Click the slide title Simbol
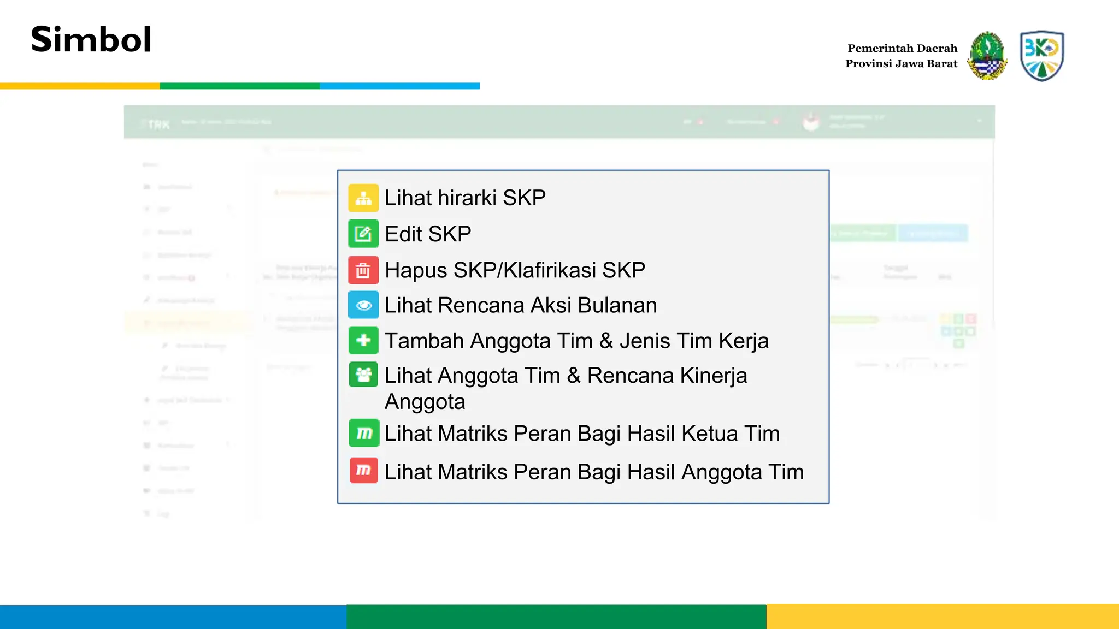click(91, 39)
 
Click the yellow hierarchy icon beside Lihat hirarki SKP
click(363, 198)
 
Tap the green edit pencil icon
click(363, 234)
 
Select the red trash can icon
click(363, 270)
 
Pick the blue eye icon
click(363, 305)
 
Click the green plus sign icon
click(363, 340)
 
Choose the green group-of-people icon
click(363, 375)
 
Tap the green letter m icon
click(364, 433)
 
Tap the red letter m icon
click(364, 470)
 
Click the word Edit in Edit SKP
click(404, 234)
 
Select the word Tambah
click(424, 341)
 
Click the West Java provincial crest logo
click(987, 56)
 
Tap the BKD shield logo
click(1041, 56)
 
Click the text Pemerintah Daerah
click(902, 48)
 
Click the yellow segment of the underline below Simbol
click(80, 86)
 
